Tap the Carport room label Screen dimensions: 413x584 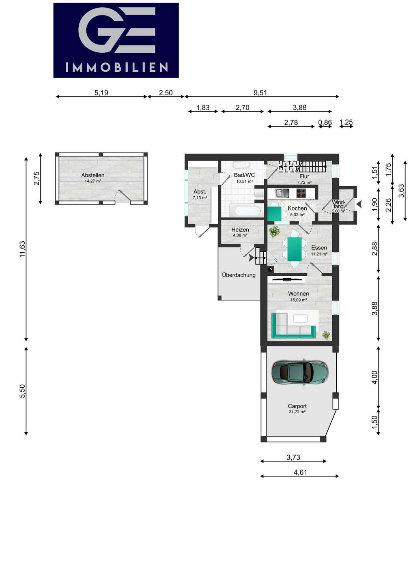[297, 406]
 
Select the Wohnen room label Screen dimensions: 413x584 [299, 294]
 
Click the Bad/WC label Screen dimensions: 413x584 [244, 175]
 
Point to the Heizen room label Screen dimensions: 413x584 [240, 230]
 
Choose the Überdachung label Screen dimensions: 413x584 [239, 275]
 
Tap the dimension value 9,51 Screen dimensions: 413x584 [260, 92]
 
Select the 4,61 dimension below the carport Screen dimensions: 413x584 [300, 472]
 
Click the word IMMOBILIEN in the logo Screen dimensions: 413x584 [116, 67]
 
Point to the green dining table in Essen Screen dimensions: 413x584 [295, 249]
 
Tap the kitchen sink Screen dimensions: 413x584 [282, 193]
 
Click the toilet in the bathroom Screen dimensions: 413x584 [258, 194]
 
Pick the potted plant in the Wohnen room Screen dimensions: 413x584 [326, 335]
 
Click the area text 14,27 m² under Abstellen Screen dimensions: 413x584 [93, 181]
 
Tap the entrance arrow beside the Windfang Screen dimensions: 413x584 [359, 204]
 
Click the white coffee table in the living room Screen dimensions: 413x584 [300, 319]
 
